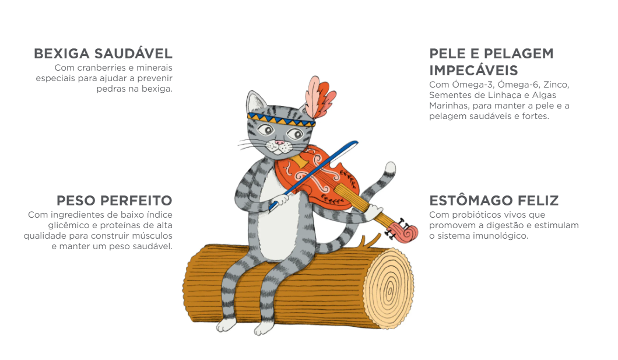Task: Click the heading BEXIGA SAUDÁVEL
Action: [103, 53]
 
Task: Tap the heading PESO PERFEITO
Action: [114, 200]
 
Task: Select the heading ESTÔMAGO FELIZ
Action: [494, 200]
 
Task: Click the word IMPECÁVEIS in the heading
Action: [473, 70]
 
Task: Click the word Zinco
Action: [556, 85]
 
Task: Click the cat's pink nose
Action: [279, 142]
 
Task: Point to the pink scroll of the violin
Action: [403, 233]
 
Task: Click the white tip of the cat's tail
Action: [390, 169]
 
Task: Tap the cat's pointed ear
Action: [255, 102]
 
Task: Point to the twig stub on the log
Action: [369, 242]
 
